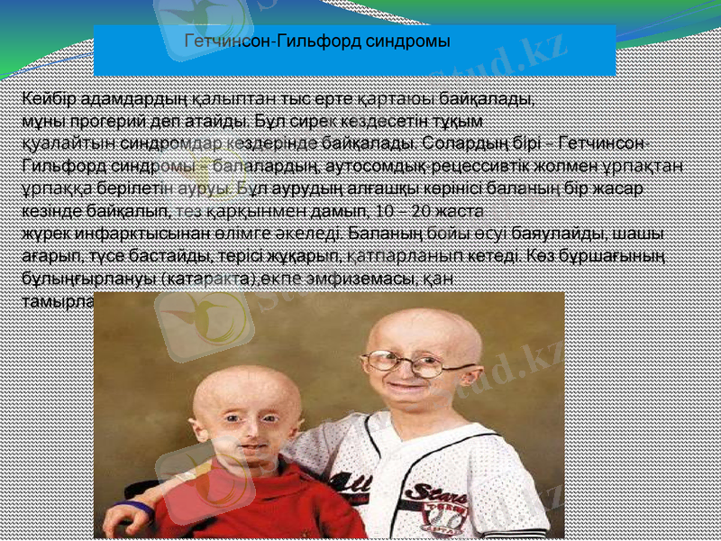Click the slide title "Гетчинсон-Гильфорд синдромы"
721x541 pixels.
pos(316,41)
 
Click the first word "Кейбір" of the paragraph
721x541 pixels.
pos(47,96)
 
